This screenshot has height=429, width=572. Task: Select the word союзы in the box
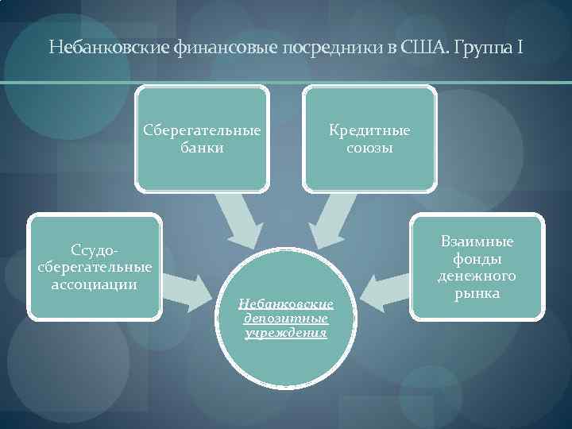point(370,148)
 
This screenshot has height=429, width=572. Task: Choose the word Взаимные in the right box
point(477,242)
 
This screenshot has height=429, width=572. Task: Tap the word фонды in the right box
point(477,259)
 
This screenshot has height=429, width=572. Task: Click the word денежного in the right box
point(477,276)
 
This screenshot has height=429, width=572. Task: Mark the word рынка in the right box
point(477,294)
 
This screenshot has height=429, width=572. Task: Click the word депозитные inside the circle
point(286,318)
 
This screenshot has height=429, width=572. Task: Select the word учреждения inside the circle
point(286,333)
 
